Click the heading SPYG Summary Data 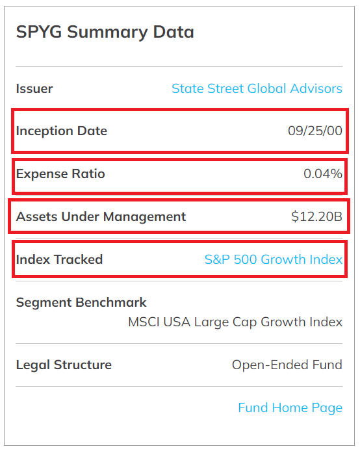(105, 32)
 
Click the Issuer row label (34, 89)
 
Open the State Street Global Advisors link (257, 89)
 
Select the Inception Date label (61, 131)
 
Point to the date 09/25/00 (315, 131)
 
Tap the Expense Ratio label (60, 174)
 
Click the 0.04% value (323, 174)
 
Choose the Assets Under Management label (101, 217)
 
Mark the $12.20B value (316, 217)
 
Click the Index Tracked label (59, 260)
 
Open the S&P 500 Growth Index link (273, 260)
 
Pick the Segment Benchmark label (81, 303)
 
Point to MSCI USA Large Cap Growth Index (235, 322)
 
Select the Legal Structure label (64, 365)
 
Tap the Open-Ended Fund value (287, 365)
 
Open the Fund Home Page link (290, 408)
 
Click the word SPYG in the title (37, 32)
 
